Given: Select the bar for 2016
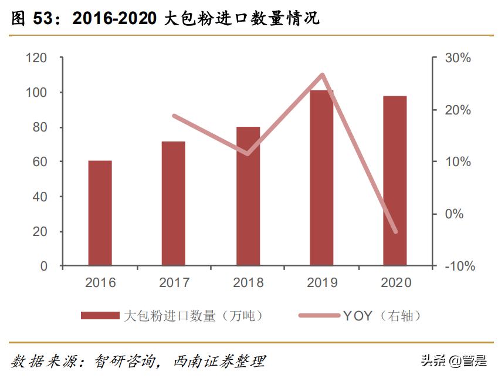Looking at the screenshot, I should click(100, 213).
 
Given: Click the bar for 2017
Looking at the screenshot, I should click(174, 204).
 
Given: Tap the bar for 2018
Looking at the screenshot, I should click(248, 196).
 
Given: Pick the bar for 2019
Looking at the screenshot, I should click(321, 178).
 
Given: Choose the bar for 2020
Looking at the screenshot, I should click(395, 181).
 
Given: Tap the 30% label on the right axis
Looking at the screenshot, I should click(458, 58).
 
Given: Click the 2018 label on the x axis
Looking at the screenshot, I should click(248, 283).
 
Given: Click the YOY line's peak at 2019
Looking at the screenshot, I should click(322, 75).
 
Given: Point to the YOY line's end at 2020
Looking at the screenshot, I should click(395, 231).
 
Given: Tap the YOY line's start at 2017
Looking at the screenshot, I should click(174, 116).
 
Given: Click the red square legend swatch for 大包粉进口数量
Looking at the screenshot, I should click(100, 316).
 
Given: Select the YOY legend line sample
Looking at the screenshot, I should click(318, 316).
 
